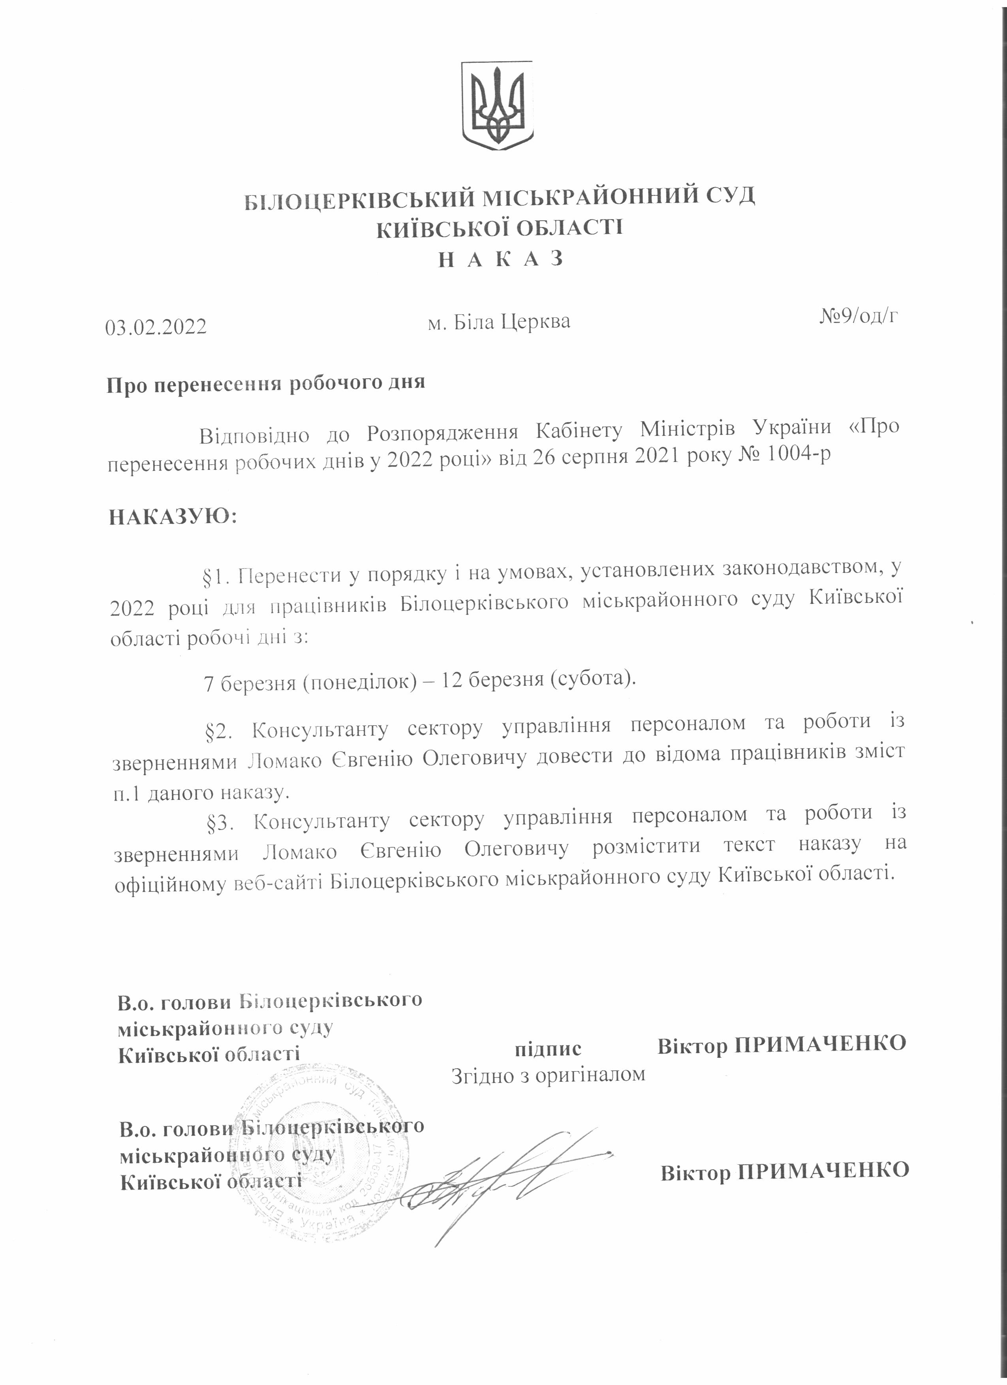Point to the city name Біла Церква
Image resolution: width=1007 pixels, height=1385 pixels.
[x=499, y=322]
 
